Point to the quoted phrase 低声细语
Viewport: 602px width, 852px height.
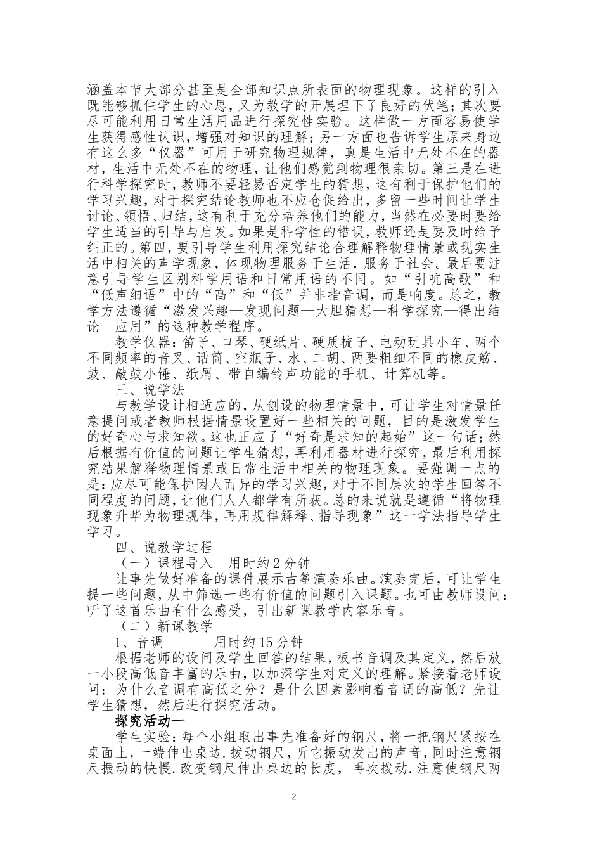pyautogui.click(x=128, y=295)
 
